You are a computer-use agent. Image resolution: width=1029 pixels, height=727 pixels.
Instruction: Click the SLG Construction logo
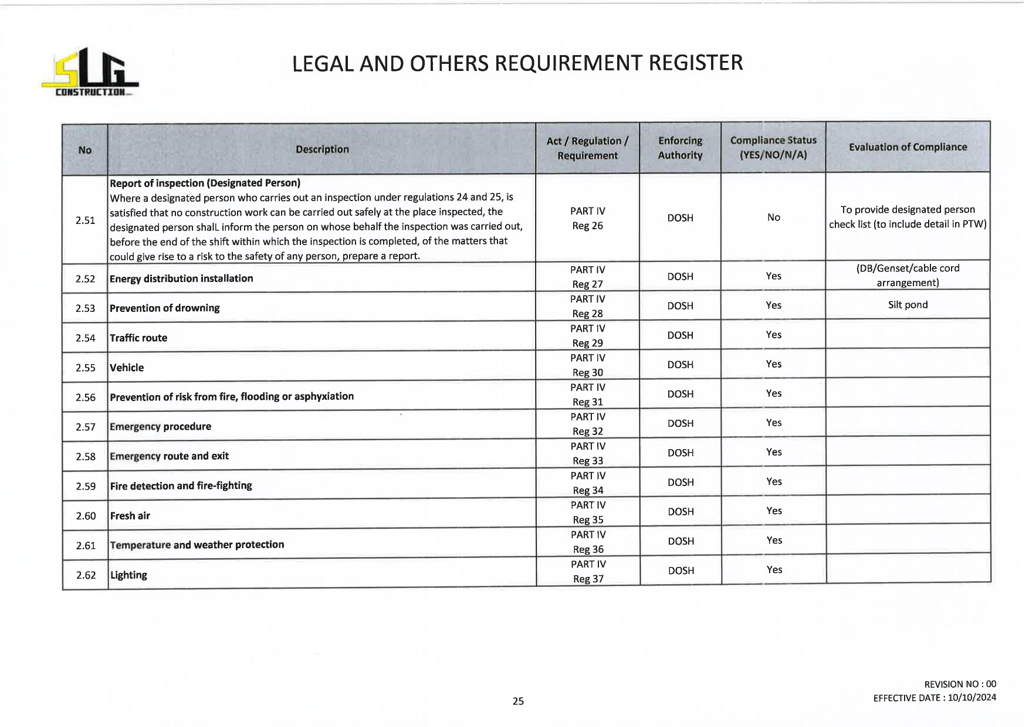(x=90, y=73)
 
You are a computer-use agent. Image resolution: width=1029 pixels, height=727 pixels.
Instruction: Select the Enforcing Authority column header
(x=680, y=148)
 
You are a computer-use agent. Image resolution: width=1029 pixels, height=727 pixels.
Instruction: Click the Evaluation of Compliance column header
(x=908, y=147)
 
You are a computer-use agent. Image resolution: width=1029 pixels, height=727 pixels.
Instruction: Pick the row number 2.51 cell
(x=85, y=220)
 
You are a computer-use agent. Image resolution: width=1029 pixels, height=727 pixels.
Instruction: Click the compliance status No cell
(x=773, y=218)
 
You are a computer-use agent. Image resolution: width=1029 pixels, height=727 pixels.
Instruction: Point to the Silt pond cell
(x=908, y=305)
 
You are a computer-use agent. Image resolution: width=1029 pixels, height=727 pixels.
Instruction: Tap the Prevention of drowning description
(x=165, y=308)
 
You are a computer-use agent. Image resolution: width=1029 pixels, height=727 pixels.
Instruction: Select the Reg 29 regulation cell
(x=587, y=336)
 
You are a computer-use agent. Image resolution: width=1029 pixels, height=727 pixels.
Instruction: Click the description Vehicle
(x=127, y=368)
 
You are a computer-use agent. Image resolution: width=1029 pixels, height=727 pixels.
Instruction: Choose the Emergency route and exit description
(x=170, y=456)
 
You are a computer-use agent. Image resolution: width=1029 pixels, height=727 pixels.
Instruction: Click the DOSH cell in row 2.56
(x=680, y=394)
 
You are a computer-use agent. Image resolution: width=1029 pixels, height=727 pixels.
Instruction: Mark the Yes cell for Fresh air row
(x=774, y=511)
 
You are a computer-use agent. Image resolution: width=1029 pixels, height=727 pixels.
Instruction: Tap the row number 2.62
(x=86, y=575)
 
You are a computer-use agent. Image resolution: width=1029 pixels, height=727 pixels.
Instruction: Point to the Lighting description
(x=129, y=575)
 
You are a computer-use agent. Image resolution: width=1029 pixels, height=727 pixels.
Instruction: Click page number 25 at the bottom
(x=518, y=701)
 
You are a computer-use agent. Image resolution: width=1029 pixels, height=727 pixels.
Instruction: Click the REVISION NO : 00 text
(x=960, y=684)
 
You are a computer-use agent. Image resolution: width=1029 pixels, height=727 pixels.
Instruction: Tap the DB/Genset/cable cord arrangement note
(x=908, y=276)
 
